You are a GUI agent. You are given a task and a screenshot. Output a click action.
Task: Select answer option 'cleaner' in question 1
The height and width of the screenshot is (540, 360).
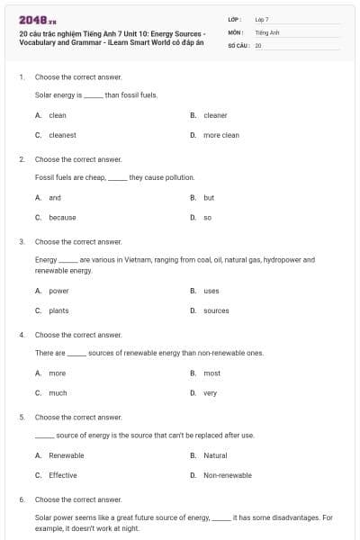tap(215, 115)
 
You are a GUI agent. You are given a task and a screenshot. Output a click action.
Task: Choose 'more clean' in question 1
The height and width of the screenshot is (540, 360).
tap(220, 135)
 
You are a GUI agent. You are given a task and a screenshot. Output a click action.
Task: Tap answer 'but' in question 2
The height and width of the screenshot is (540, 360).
tap(209, 197)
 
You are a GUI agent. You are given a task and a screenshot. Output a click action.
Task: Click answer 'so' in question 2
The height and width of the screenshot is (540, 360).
tap(207, 217)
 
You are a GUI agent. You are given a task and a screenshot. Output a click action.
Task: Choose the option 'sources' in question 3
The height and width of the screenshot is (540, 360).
tap(216, 310)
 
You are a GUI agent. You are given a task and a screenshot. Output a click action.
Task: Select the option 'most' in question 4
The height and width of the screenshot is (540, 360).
tap(211, 373)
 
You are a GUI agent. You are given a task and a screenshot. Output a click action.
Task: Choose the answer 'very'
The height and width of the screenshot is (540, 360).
tap(210, 392)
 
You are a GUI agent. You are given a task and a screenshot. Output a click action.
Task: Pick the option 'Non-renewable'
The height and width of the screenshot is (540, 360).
tap(228, 475)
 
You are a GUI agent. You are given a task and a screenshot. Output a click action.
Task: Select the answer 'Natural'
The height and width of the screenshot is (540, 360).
tap(215, 455)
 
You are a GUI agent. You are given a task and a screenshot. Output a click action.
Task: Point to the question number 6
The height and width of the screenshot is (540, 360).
tap(21, 499)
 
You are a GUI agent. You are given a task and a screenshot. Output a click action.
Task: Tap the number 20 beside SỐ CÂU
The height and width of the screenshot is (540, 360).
tap(258, 44)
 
